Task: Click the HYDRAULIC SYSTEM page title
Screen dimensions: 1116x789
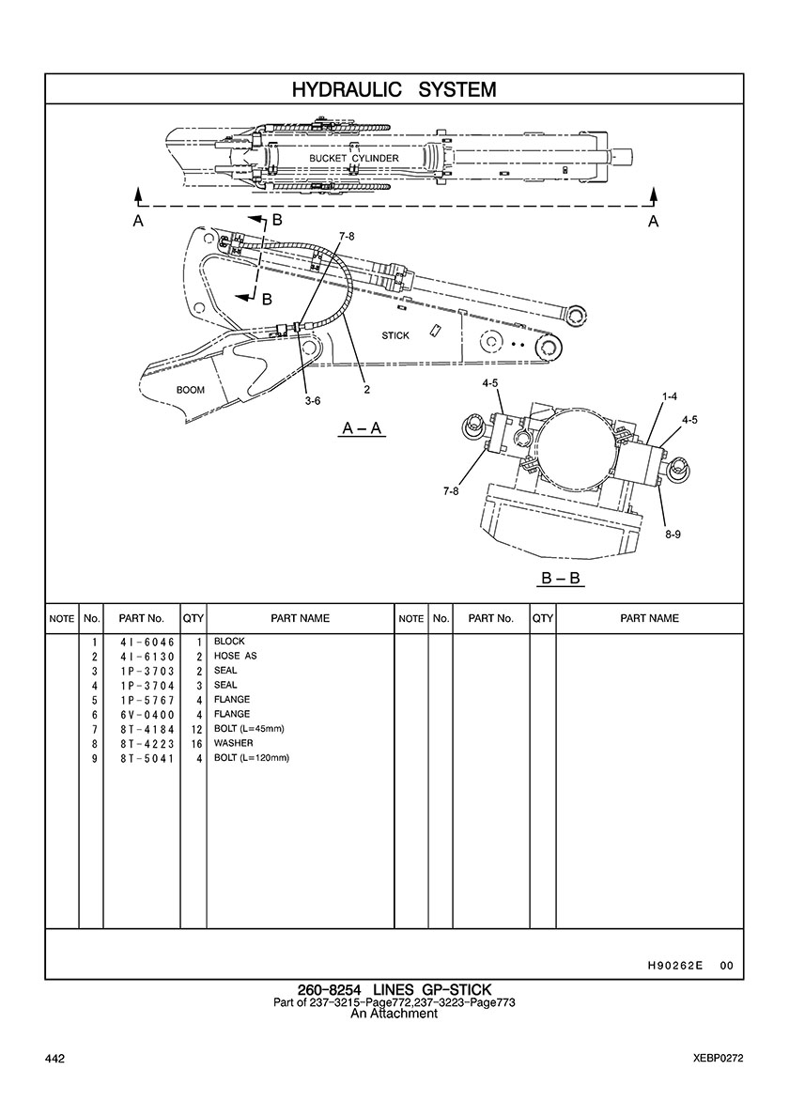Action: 394,89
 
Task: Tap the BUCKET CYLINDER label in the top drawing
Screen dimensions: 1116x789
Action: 354,159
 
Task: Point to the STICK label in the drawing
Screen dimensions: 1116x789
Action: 395,335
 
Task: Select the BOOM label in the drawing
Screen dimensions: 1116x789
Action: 191,389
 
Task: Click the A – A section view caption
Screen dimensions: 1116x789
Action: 362,428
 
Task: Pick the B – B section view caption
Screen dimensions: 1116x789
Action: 561,578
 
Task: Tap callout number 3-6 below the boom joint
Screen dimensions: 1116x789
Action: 313,400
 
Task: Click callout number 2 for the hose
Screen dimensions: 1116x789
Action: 366,389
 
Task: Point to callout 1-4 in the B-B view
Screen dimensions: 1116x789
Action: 669,397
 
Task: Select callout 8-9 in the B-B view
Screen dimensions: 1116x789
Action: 673,534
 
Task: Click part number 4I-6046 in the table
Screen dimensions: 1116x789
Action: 141,642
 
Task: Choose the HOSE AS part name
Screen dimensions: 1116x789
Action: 235,657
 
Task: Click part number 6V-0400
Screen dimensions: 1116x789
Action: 141,715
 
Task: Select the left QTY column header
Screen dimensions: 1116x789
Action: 193,619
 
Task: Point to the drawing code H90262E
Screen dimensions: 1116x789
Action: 675,966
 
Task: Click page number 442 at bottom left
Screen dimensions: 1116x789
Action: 54,1060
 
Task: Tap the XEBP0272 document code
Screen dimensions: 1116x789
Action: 712,1060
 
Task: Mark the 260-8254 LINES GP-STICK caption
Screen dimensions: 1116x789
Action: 394,990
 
